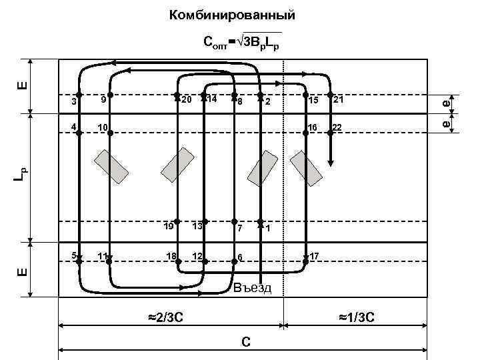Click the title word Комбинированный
pos(232,15)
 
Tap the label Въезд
pos(253,288)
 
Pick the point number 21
pos(338,100)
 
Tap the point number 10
pos(102,127)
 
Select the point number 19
pos(168,226)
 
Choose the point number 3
pos(73,101)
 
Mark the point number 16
pos(311,127)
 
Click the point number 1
pos(267,228)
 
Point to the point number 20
pos(186,100)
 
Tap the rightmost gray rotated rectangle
pos(306,167)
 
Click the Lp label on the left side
pos(21,175)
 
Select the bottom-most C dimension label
pos(246,342)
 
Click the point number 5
pos(73,255)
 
